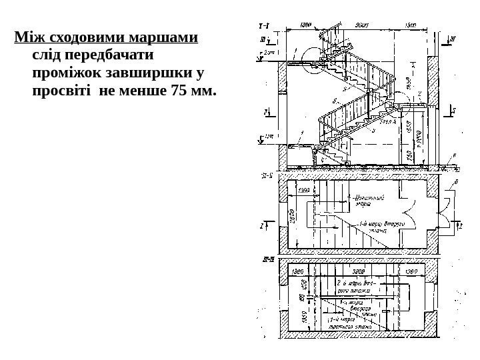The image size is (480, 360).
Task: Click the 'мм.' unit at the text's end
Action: (x=205, y=89)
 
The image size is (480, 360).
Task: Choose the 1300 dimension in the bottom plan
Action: (x=300, y=271)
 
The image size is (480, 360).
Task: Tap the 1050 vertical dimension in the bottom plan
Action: (x=291, y=319)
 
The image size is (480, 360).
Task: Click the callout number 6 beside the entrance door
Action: (x=455, y=181)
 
